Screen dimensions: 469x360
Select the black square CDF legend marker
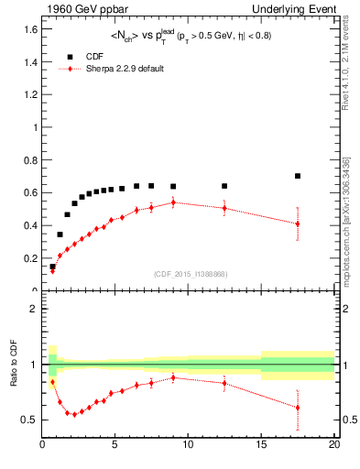(69, 56)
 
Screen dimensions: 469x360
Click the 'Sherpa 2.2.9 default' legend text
(125, 69)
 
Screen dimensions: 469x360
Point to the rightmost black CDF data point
(298, 176)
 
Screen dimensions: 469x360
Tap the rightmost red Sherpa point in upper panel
(298, 224)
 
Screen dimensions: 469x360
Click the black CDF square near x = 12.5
(224, 186)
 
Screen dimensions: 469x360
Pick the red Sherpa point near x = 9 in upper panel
(173, 202)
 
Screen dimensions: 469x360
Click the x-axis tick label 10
(188, 446)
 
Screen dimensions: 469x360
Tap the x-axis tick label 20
(333, 446)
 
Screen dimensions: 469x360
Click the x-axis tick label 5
(115, 446)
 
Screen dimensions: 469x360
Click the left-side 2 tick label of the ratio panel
(34, 309)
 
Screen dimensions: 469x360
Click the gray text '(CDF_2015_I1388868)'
(190, 274)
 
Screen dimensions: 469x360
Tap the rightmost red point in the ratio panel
(298, 408)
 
